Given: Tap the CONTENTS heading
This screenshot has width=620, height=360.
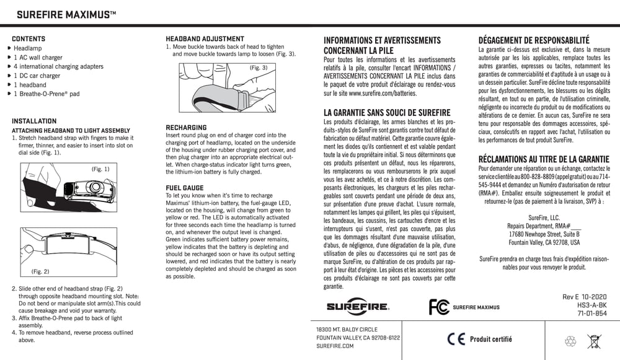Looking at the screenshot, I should click(x=28, y=38).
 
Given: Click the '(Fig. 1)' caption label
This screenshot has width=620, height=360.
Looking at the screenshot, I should click(x=100, y=169).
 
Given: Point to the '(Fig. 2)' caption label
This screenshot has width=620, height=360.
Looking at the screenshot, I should click(x=40, y=271).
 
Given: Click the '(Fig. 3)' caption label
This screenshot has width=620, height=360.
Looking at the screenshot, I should click(x=259, y=67).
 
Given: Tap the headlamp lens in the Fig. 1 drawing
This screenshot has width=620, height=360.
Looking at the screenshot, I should click(x=94, y=187).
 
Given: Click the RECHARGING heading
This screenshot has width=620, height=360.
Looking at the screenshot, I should click(x=186, y=127).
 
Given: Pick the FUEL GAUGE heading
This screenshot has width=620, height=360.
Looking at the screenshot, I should click(x=185, y=187).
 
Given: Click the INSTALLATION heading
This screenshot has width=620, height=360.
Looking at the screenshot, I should click(x=34, y=121).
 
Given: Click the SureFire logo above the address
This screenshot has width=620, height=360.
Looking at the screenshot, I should click(x=358, y=306).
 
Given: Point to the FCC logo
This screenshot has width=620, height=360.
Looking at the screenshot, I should click(x=438, y=307).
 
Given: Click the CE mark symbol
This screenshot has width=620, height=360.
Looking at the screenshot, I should click(x=456, y=339).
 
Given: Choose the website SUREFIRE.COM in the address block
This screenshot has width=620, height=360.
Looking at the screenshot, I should click(x=335, y=346).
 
